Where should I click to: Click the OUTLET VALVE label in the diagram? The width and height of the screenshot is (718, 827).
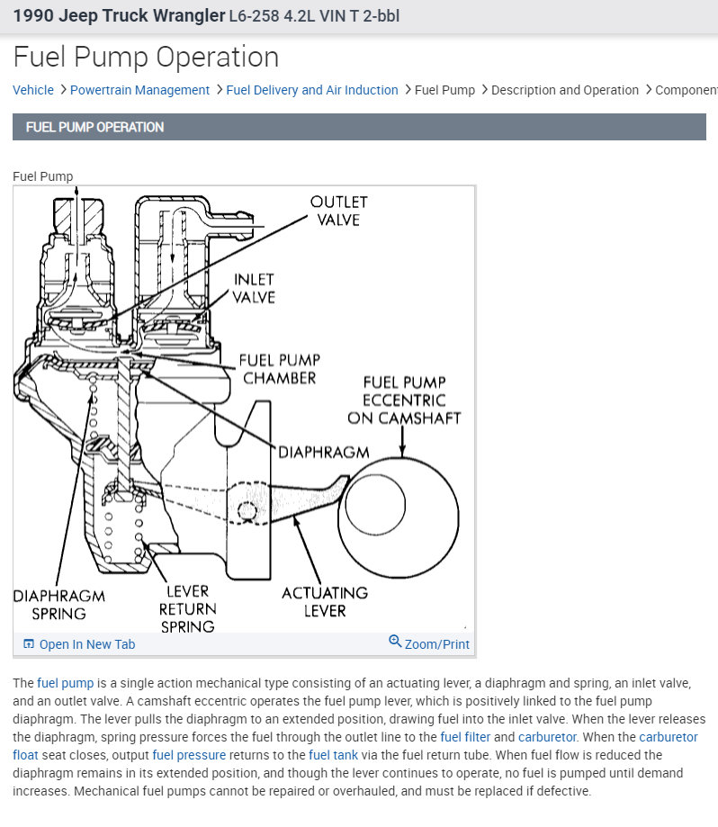tap(338, 211)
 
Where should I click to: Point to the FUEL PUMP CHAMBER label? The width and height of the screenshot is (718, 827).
tap(279, 369)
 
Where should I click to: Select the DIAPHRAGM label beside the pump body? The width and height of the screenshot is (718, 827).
tap(324, 452)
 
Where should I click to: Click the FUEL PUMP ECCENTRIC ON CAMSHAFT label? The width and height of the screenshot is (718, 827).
tap(404, 400)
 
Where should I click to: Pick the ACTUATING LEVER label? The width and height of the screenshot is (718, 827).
tap(325, 601)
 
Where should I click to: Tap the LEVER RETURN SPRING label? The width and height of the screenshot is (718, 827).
tap(187, 608)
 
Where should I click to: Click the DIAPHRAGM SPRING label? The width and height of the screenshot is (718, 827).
tap(58, 605)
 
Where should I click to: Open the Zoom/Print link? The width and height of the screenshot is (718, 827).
tap(436, 644)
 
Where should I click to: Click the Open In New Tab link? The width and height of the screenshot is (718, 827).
tap(86, 644)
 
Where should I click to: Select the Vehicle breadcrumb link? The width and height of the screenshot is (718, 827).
tap(33, 90)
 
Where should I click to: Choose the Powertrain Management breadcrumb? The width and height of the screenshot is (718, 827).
tap(139, 90)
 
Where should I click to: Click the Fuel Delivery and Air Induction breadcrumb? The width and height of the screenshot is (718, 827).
tap(311, 90)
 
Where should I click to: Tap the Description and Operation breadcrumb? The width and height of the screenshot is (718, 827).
tap(564, 90)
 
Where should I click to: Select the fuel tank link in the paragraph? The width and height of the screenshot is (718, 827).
tap(334, 755)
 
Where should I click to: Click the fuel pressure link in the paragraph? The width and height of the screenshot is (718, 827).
tap(188, 755)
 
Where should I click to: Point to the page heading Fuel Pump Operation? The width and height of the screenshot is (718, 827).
tap(146, 57)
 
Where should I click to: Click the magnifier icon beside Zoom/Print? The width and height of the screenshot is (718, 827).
tap(395, 642)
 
